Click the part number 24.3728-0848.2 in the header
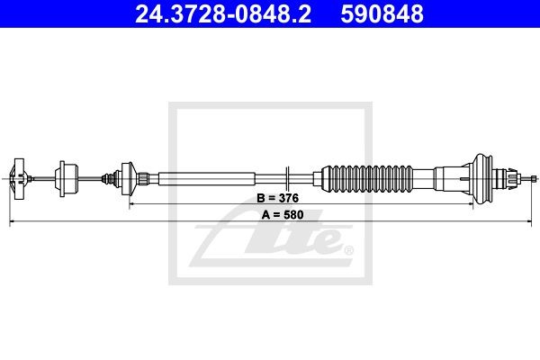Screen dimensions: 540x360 pos(223,13)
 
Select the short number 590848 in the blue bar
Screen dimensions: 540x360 pos(382,13)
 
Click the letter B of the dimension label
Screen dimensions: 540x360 pos(260,198)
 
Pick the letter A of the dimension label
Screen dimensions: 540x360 pos(265,215)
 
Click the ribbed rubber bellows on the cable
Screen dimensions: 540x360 pos(367,179)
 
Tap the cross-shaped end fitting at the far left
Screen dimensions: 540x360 pos(18,179)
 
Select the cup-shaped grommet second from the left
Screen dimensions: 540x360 pos(67,179)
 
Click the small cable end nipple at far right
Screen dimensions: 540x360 pos(534,178)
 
